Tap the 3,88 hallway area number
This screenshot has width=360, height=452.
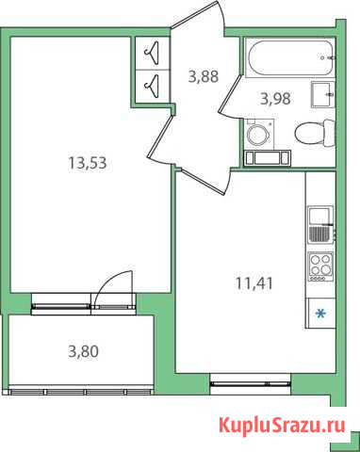[204, 77]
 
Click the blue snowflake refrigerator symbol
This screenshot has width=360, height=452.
[320, 315]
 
